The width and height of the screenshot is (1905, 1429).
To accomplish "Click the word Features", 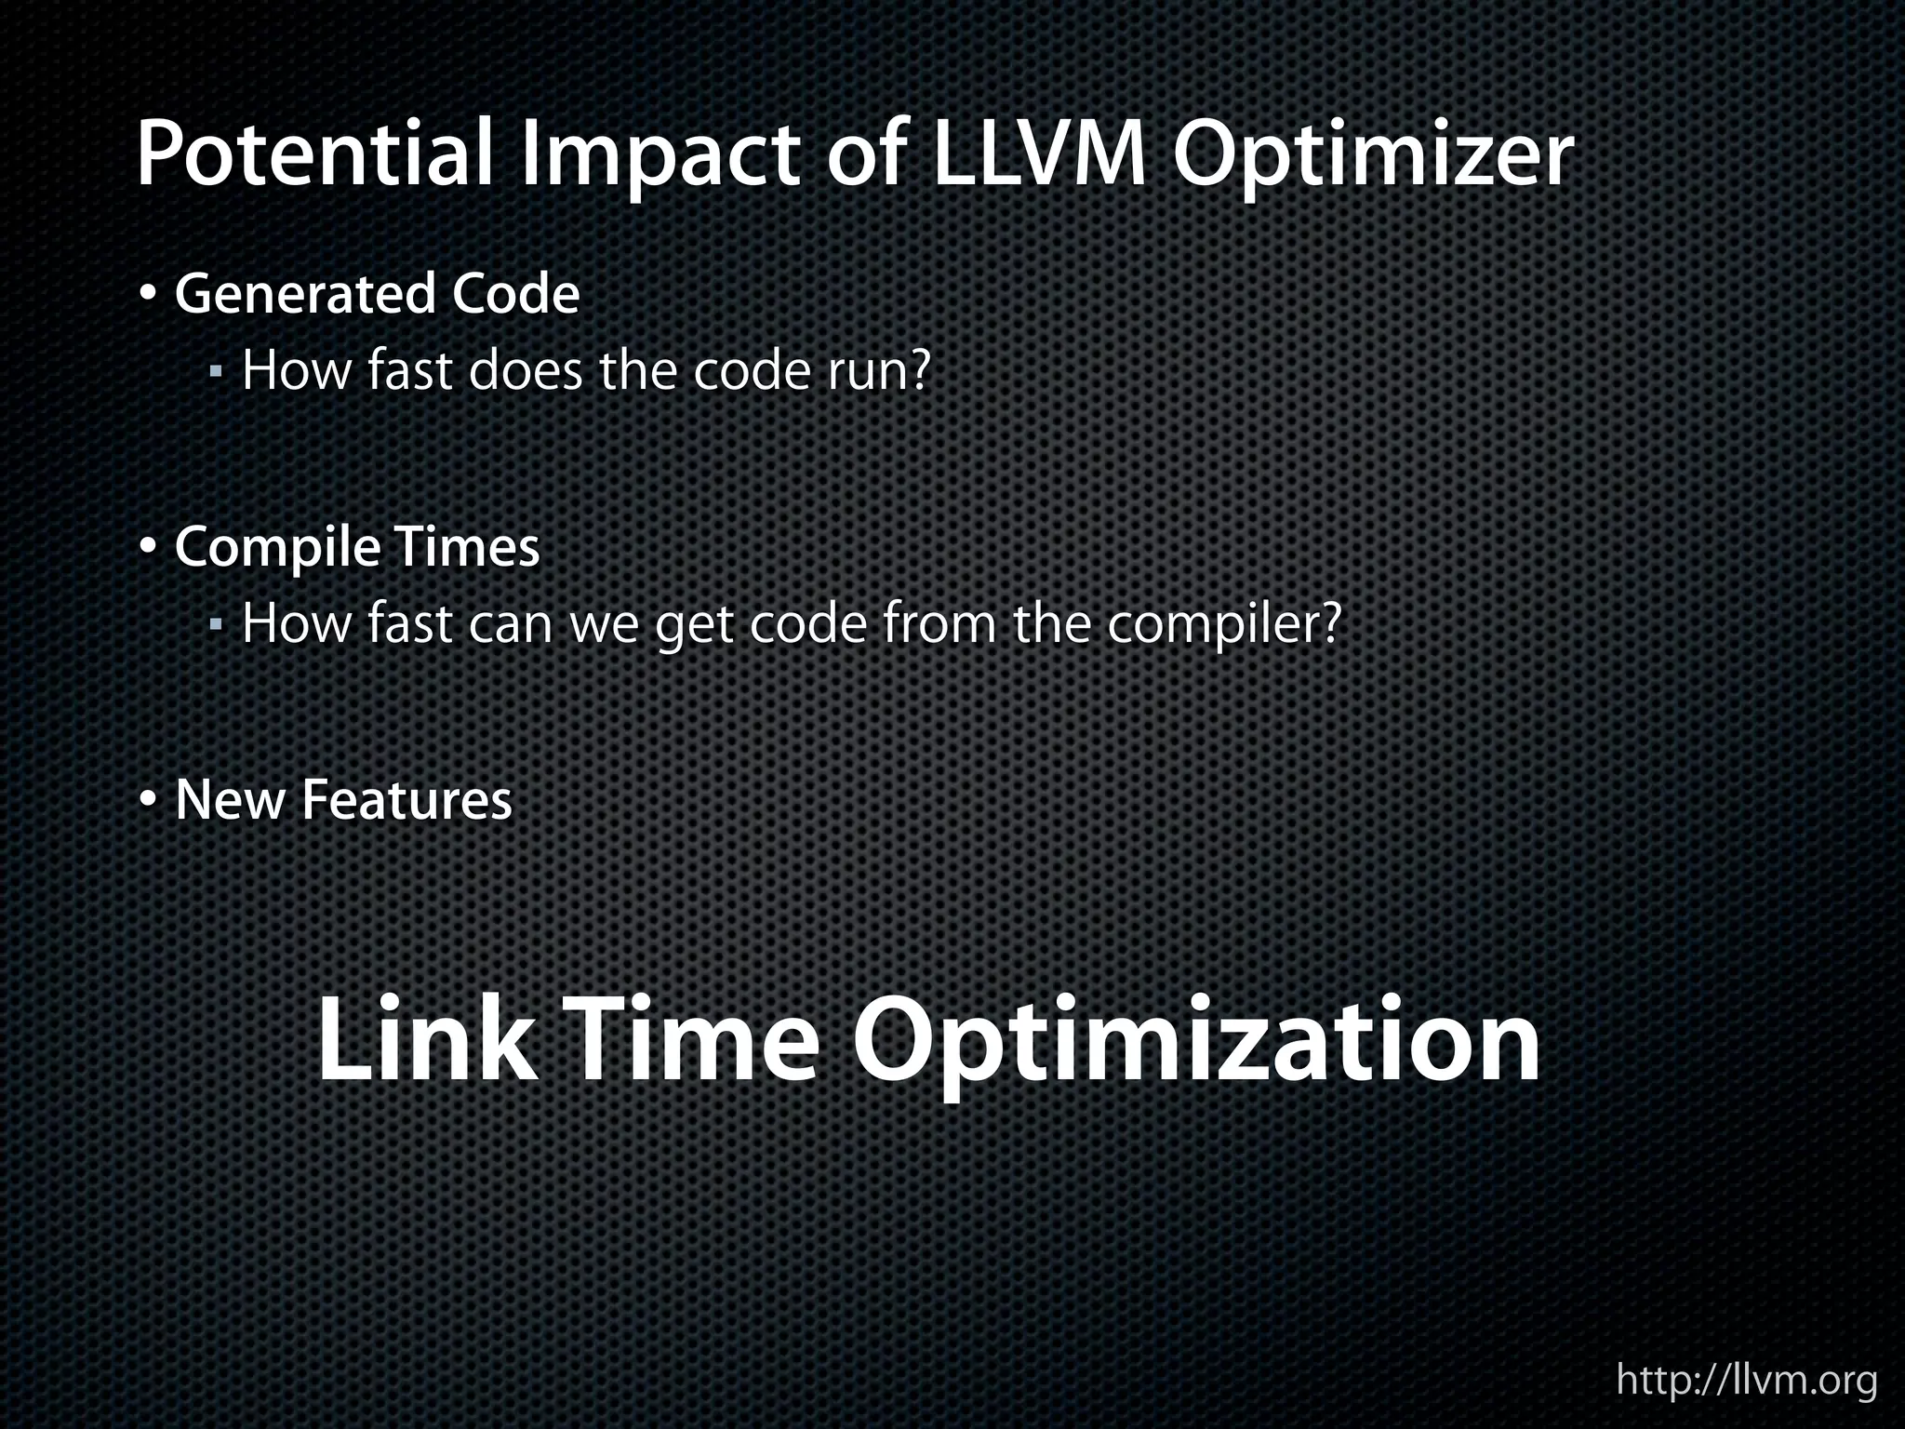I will [406, 800].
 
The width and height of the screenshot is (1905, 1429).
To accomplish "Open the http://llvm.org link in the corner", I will [1746, 1379].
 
